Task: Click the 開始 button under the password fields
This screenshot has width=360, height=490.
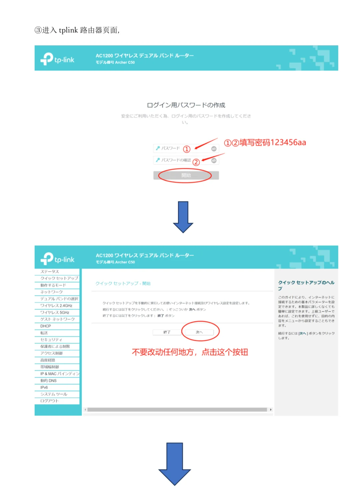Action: pyautogui.click(x=186, y=175)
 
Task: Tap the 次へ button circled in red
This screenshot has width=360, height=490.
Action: pyautogui.click(x=199, y=332)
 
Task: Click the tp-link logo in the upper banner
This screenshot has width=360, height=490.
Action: pyautogui.click(x=57, y=59)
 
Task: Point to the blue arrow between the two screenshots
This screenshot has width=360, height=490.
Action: pyautogui.click(x=183, y=217)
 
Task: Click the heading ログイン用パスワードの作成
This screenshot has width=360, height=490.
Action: pyautogui.click(x=186, y=105)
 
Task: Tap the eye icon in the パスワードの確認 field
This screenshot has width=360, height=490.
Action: pyautogui.click(x=214, y=161)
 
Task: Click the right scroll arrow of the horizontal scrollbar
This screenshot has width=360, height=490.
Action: pyautogui.click(x=271, y=409)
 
